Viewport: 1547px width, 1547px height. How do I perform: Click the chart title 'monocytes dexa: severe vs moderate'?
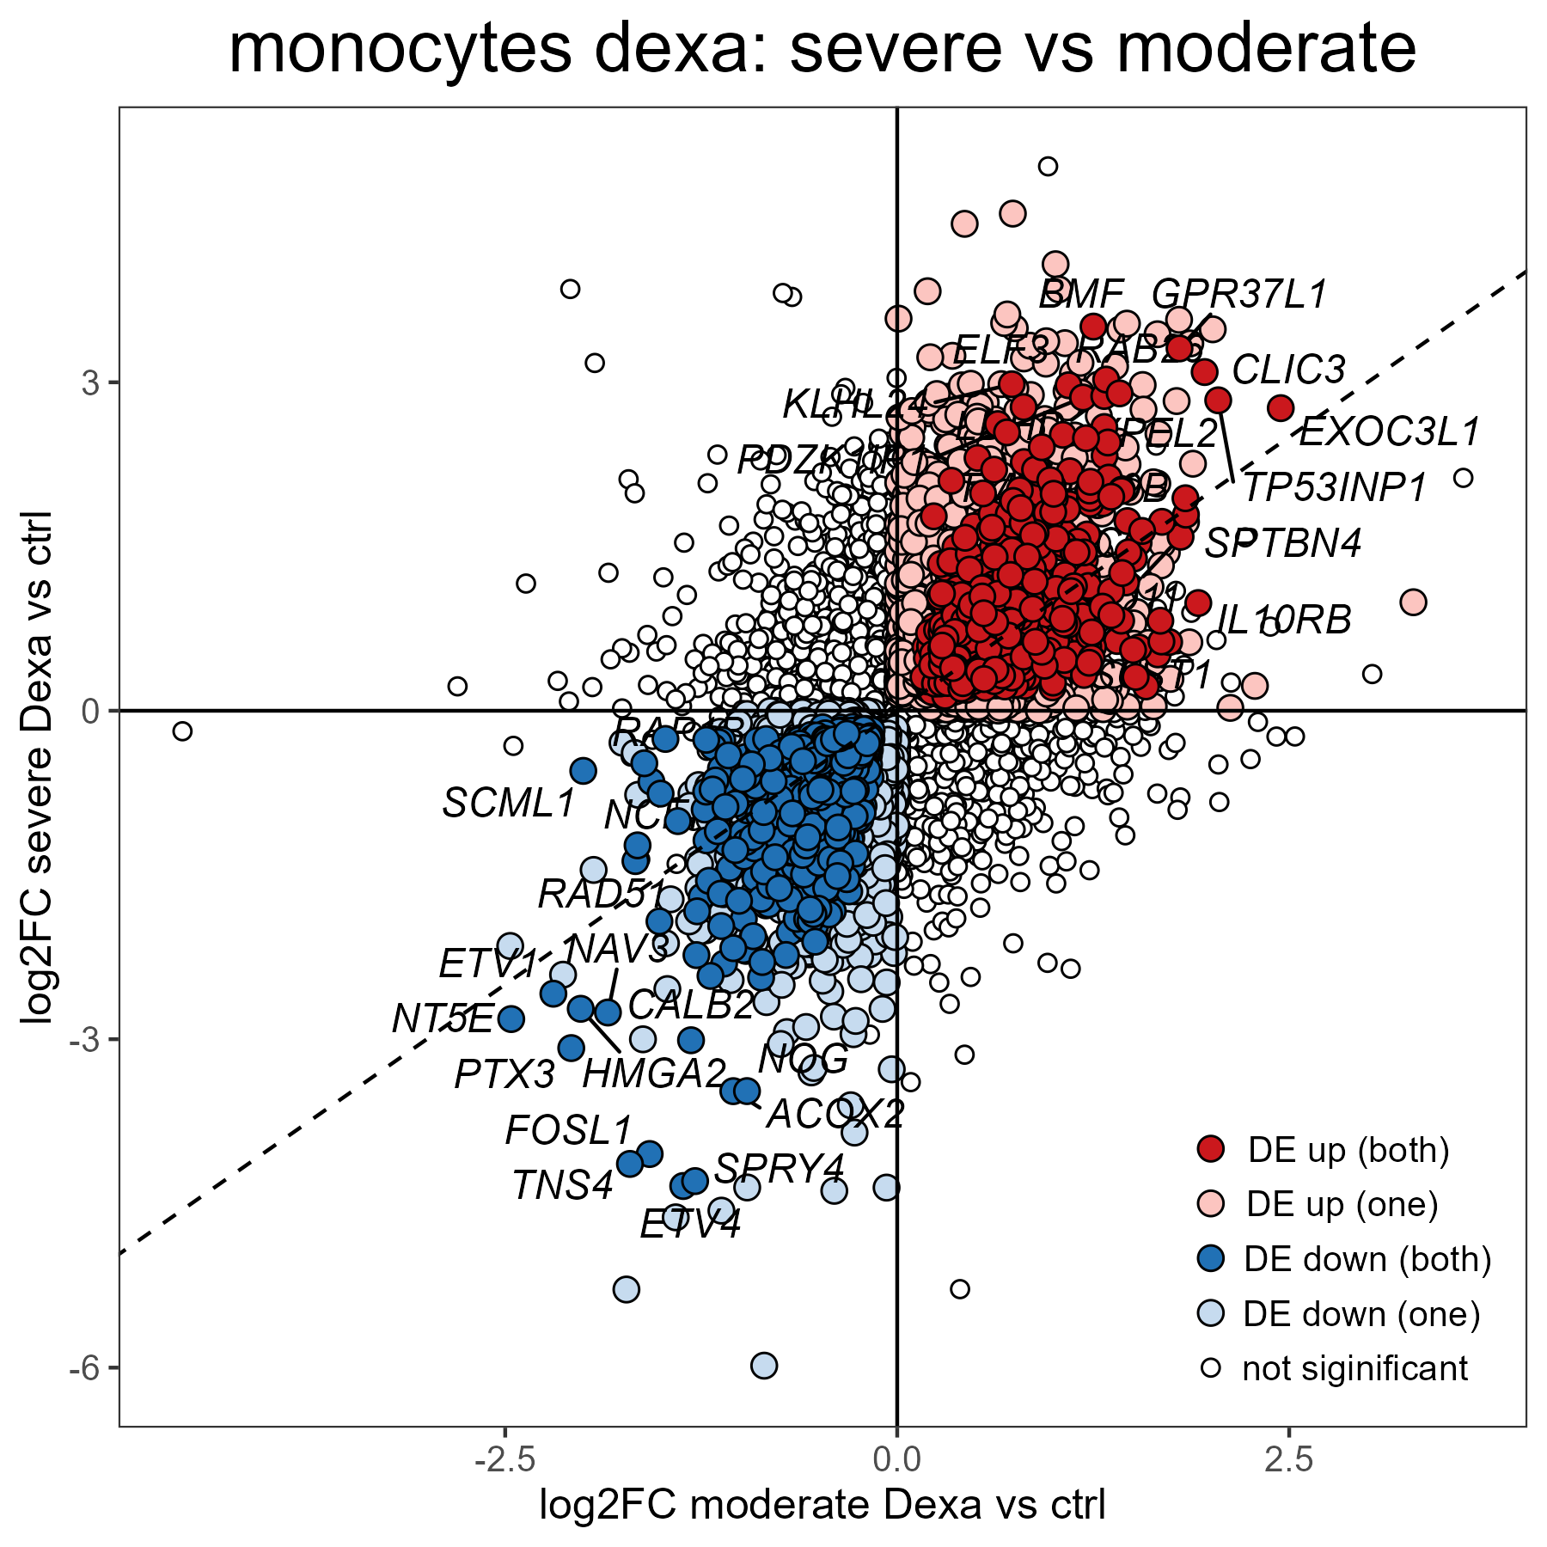point(822,49)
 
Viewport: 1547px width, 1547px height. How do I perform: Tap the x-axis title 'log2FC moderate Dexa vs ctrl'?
point(822,1506)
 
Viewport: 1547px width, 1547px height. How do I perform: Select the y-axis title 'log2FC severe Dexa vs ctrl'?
point(39,767)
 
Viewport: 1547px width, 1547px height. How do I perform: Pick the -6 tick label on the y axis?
point(86,1367)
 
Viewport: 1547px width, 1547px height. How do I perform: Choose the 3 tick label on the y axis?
point(91,382)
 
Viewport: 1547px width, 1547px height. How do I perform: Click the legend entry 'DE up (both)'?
point(1348,1150)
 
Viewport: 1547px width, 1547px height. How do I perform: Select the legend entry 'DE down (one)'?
point(1361,1313)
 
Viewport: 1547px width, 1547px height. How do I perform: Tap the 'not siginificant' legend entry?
point(1354,1368)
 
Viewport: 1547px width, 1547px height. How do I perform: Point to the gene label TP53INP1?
point(1335,488)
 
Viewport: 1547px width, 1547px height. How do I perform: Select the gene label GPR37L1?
point(1239,294)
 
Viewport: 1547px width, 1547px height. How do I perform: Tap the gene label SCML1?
point(508,804)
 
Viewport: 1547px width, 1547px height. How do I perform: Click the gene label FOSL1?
point(569,1130)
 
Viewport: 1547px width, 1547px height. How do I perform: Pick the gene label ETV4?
point(690,1224)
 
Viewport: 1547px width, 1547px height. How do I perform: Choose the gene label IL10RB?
point(1284,620)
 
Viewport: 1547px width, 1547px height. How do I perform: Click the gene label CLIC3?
point(1288,370)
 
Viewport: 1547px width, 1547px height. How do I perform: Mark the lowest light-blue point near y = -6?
point(764,1365)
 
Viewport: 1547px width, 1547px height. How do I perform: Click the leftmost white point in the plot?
point(182,731)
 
